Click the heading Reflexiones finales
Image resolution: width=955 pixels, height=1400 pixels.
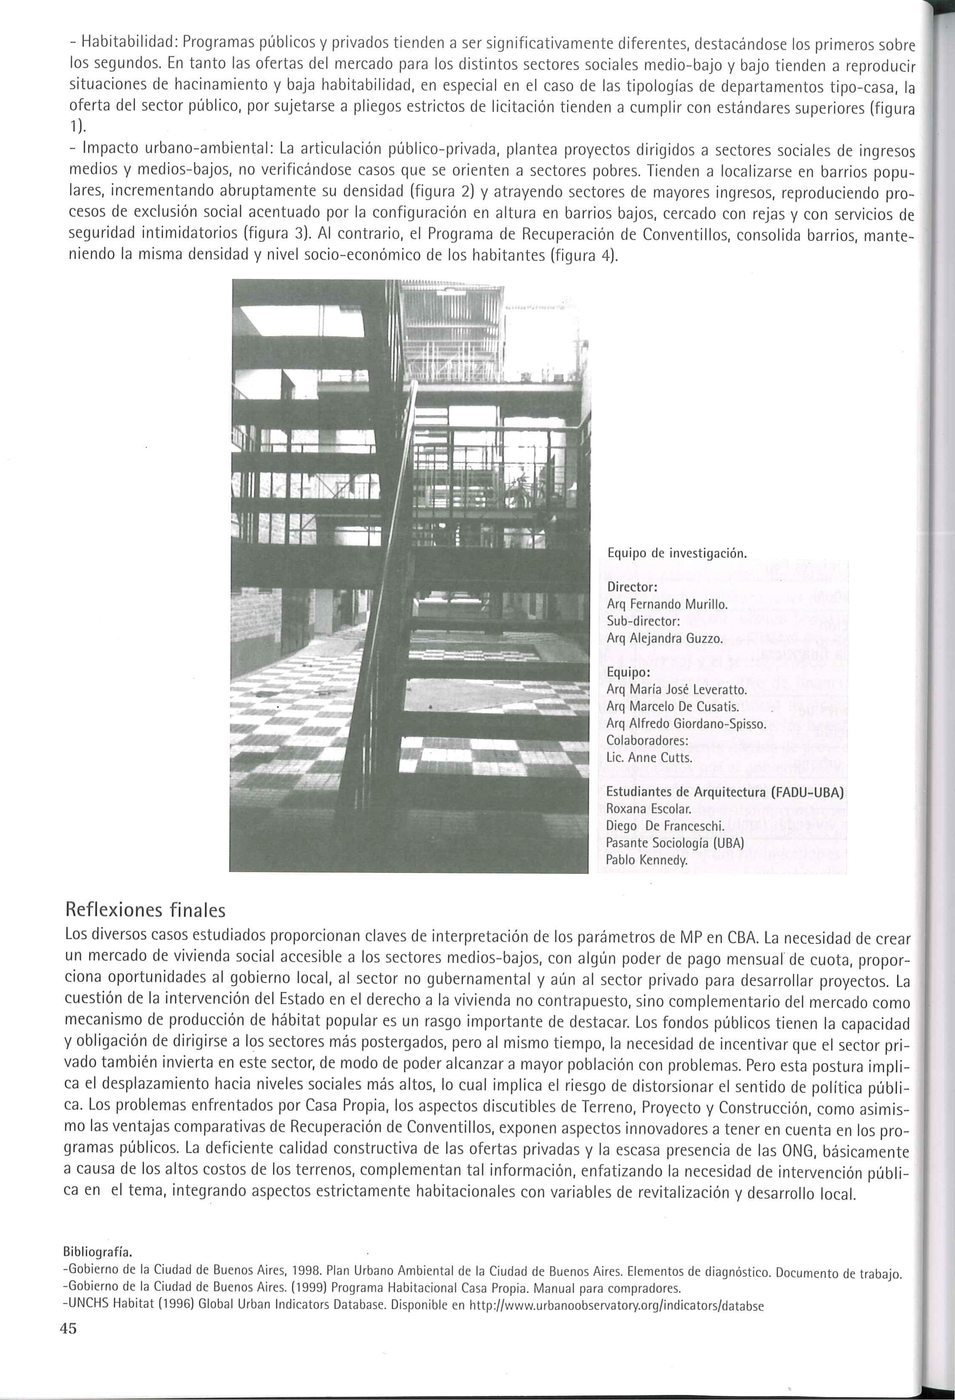click(x=145, y=909)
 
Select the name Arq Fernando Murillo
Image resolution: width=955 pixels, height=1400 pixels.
click(x=667, y=604)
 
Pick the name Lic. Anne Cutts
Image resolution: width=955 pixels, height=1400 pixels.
click(x=649, y=758)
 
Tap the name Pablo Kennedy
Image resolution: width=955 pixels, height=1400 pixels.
click(x=646, y=860)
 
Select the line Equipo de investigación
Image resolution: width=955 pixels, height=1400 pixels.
click(x=677, y=553)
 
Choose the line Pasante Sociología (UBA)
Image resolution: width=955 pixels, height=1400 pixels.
click(x=675, y=843)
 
